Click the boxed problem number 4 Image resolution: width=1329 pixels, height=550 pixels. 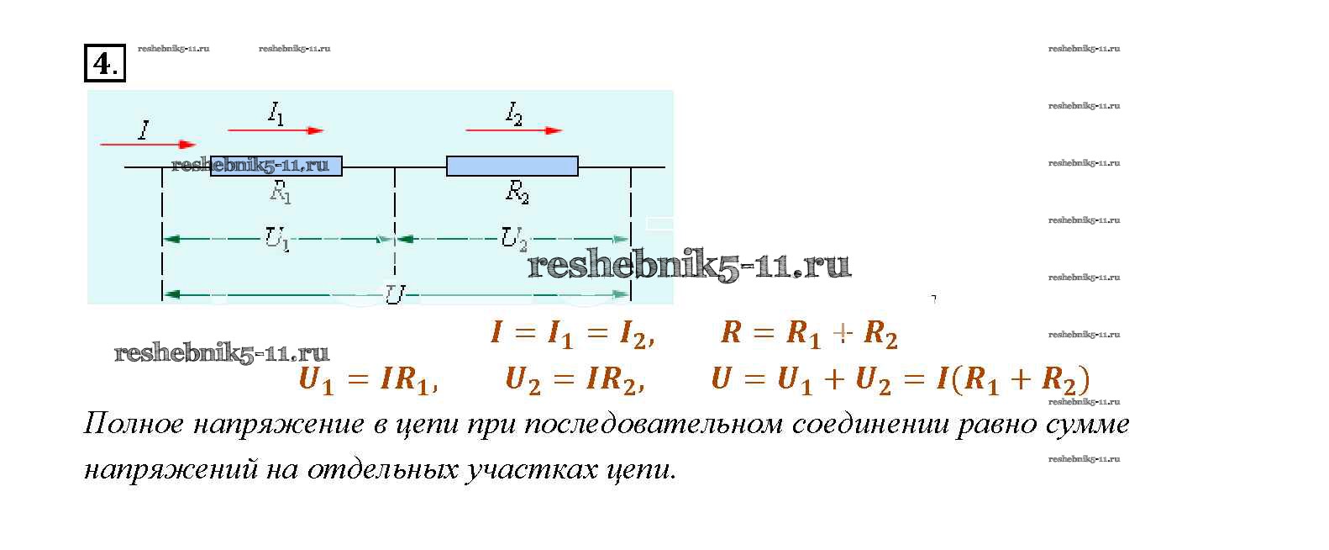105,63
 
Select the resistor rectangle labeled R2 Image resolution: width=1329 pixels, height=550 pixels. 512,166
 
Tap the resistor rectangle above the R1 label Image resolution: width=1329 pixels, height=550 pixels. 276,166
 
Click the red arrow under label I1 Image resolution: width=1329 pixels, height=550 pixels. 276,130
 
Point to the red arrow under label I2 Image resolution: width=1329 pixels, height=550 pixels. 514,130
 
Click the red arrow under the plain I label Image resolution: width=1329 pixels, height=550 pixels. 148,145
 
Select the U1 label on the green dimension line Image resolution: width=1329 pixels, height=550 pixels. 277,239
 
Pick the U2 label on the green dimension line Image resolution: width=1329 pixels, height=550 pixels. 514,239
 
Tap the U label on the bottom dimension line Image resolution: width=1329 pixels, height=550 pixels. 395,294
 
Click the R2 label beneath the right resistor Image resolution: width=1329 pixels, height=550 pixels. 517,192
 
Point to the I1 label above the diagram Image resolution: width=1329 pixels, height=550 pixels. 276,113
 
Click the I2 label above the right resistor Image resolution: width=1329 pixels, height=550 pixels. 514,113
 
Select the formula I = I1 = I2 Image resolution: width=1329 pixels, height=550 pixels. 573,333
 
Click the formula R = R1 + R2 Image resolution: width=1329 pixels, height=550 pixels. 809,333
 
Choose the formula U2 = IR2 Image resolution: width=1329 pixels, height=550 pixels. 575,380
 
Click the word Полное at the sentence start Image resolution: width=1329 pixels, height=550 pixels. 134,424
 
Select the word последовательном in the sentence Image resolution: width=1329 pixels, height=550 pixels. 654,424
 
